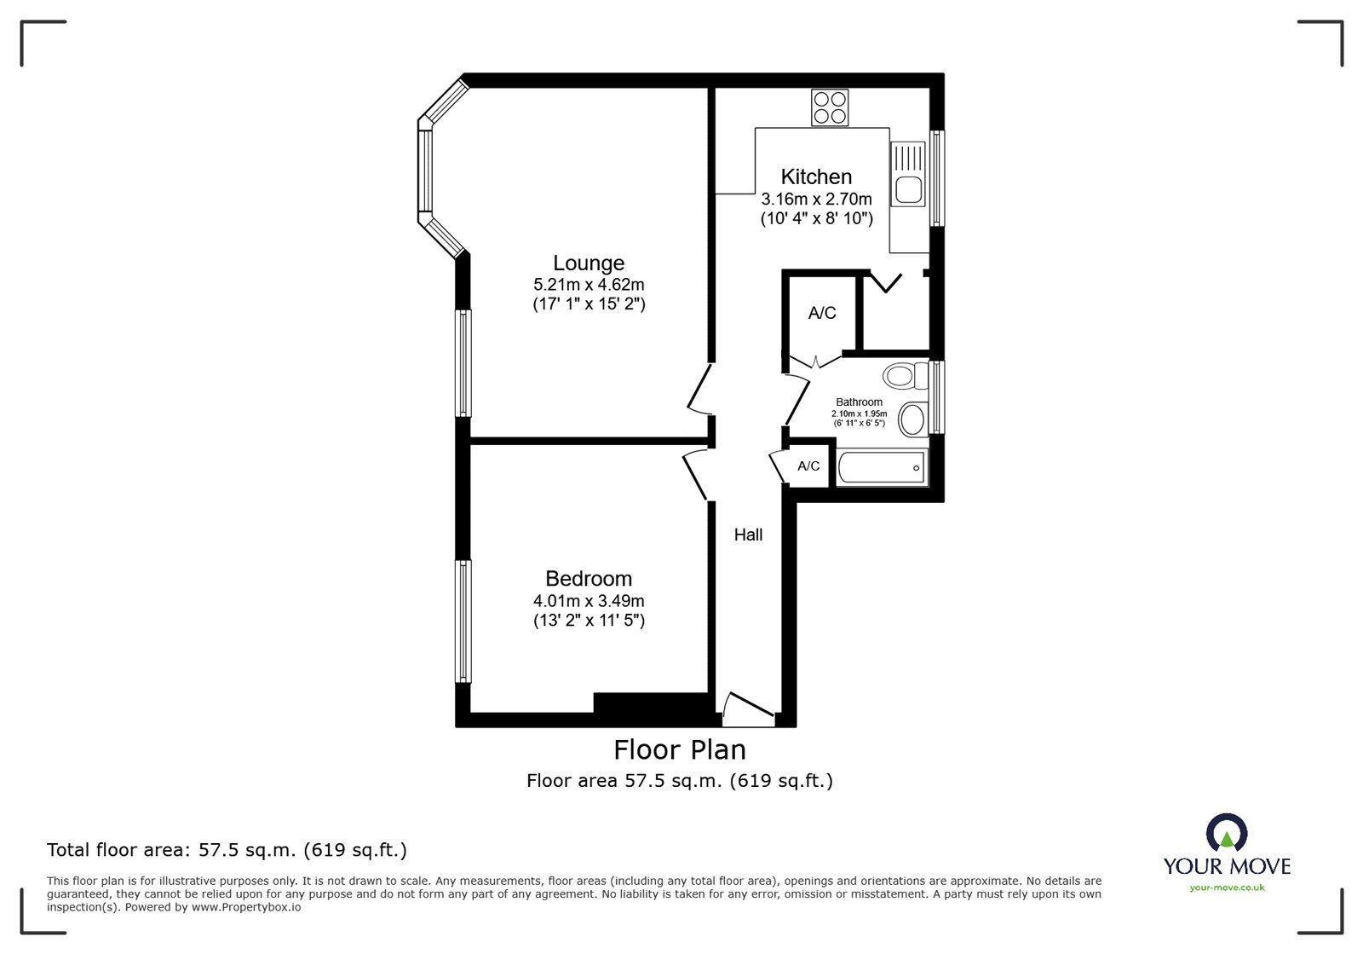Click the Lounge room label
588,263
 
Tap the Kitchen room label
816,176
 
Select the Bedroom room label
588,579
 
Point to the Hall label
748,535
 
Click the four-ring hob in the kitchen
830,108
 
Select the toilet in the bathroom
905,374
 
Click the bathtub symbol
882,468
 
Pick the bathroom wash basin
913,419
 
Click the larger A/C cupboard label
821,313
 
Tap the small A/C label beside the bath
808,466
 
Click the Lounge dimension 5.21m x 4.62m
588,285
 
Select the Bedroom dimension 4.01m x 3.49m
588,601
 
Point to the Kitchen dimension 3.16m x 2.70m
816,199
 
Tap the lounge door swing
700,390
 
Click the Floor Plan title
680,749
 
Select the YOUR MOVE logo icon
1227,833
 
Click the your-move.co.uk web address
1227,888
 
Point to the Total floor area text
227,850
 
